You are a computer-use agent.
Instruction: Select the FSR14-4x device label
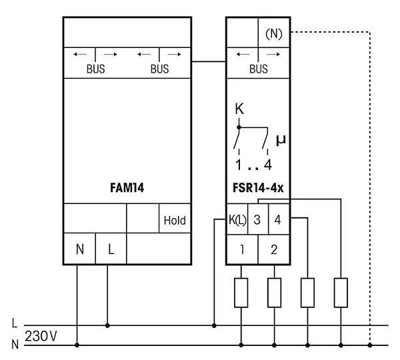258,189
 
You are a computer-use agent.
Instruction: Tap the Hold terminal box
175,219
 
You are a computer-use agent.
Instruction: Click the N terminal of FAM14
79,249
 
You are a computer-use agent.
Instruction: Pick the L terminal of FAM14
111,249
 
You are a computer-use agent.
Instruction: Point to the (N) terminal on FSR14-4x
273,33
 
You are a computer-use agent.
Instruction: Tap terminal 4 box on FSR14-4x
278,220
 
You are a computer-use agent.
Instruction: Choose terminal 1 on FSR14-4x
241,250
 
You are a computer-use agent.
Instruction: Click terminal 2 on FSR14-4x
273,250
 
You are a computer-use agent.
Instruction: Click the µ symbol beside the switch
280,140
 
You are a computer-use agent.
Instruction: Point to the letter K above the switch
239,109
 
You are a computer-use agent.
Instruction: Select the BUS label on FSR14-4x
258,68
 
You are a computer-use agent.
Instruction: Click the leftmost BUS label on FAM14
95,68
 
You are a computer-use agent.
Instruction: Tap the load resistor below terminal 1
241,293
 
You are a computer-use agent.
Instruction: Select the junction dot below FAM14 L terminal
108,326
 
